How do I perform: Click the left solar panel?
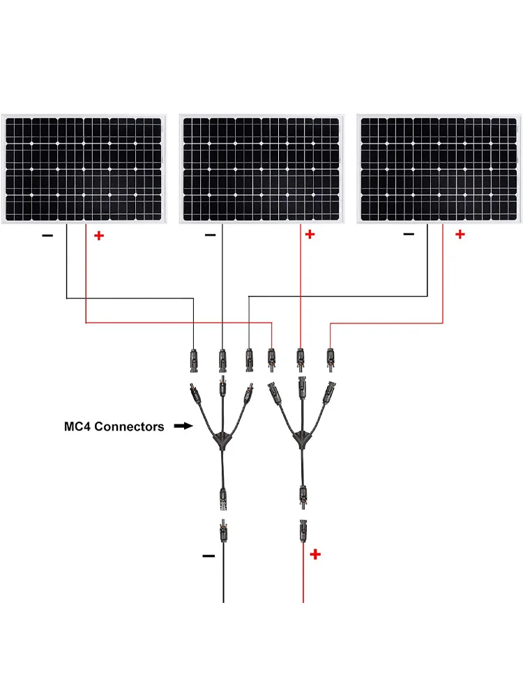[x=84, y=169]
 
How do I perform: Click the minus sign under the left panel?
[x=47, y=236]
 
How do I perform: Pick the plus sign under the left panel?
[x=98, y=236]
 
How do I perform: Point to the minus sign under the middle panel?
[x=210, y=236]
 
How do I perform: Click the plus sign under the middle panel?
[x=310, y=234]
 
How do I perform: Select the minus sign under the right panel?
[x=409, y=234]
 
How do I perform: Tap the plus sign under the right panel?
[x=460, y=234]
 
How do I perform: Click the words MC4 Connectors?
[x=114, y=427]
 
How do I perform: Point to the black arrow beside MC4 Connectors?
[x=183, y=425]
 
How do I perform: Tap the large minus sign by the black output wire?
[x=208, y=556]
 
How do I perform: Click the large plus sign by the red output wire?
[x=316, y=555]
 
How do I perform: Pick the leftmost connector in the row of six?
[x=193, y=359]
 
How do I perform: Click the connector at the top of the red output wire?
[x=303, y=531]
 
